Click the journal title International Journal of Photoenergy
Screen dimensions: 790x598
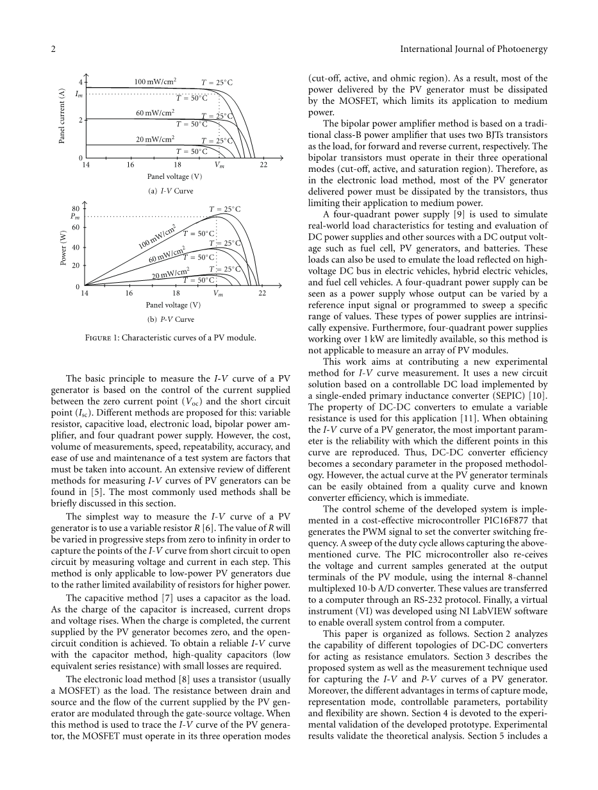[x=473, y=49]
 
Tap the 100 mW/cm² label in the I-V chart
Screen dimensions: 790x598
[x=155, y=81]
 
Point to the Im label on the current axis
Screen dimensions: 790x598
[x=78, y=94]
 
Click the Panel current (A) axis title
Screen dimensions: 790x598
[x=62, y=115]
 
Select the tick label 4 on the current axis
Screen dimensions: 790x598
[x=81, y=82]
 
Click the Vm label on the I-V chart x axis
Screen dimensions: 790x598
[x=219, y=165]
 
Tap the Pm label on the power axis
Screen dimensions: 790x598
[x=74, y=217]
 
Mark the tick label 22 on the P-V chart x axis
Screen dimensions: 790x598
[x=262, y=293]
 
